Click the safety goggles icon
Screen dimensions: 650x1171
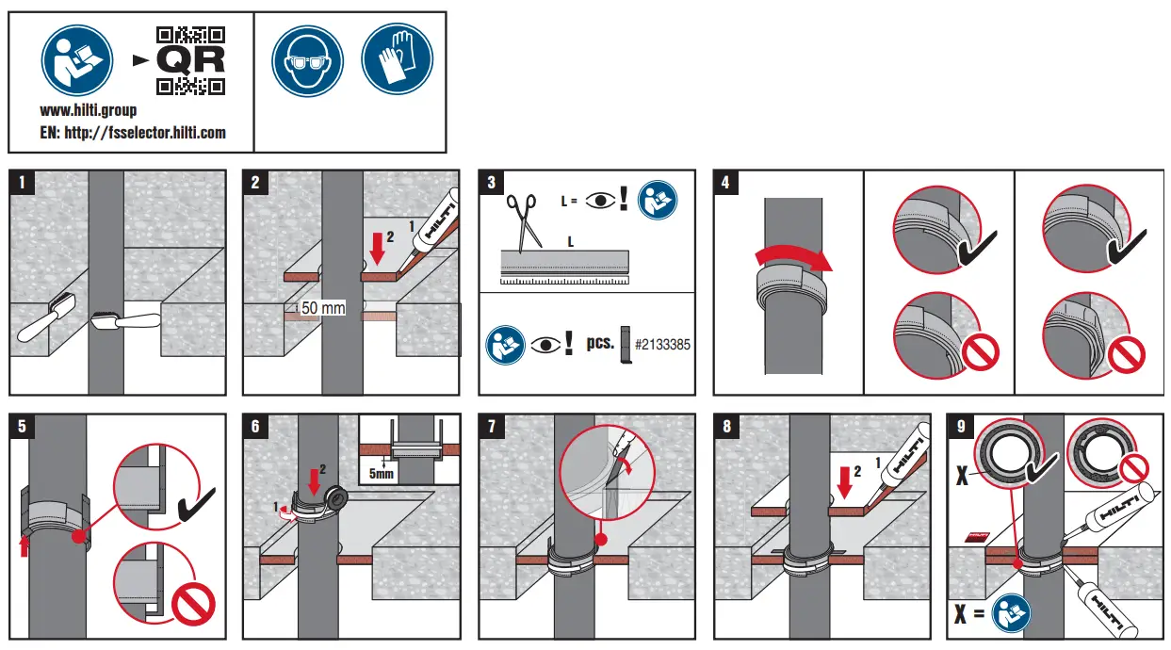(x=308, y=59)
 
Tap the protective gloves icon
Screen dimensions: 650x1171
(x=397, y=59)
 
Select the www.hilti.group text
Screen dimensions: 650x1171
(x=89, y=111)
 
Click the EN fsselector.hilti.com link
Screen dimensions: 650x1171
(x=133, y=133)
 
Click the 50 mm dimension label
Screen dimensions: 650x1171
(x=323, y=308)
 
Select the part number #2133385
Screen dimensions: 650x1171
(x=662, y=345)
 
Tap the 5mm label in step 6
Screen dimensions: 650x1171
(x=382, y=474)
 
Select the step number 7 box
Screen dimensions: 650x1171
(x=492, y=427)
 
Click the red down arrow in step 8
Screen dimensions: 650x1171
(x=843, y=481)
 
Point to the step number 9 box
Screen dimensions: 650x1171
(x=960, y=427)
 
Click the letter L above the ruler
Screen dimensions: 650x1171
(x=570, y=242)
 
